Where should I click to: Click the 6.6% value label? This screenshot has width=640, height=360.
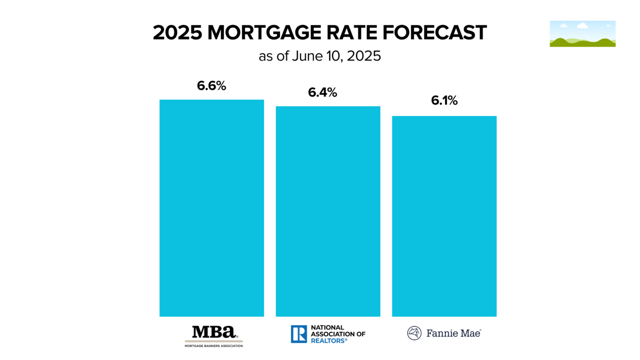212,86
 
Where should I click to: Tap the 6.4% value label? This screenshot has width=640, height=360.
322,93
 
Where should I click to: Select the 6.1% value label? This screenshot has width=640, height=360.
444,101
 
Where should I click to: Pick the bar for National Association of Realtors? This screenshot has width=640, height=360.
328,211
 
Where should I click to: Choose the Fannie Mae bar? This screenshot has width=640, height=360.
444,216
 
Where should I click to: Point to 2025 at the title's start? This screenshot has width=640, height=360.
177,33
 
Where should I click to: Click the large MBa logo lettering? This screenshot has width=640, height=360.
214,332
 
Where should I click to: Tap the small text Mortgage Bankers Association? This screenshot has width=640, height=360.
214,345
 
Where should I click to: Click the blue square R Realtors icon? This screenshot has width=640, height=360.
299,334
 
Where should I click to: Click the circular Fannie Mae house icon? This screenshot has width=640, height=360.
414,333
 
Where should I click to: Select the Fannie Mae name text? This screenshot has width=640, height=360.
453,333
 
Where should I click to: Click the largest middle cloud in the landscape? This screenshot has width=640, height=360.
582,26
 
